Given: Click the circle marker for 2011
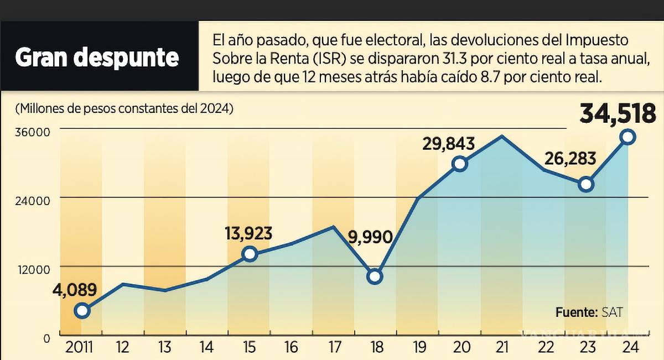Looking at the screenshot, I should (82, 310).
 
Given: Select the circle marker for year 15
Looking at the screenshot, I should (250, 254).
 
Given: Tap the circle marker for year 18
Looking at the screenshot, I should (375, 276).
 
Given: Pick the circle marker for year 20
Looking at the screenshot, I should (459, 164).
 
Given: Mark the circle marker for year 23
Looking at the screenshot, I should (586, 184).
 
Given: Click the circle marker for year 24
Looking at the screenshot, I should (628, 137).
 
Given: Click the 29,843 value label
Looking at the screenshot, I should (449, 144).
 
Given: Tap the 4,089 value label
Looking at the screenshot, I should (75, 290).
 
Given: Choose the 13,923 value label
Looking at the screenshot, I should (248, 233).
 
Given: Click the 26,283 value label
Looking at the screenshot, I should (570, 159).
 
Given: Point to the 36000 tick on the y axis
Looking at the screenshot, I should (33, 133).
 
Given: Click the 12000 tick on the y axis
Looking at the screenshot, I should (33, 269).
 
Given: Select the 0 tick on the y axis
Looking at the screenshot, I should (46, 337).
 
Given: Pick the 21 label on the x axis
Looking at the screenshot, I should (502, 348).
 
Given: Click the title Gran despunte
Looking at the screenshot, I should (97, 58).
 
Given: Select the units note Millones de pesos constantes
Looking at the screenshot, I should (124, 108).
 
